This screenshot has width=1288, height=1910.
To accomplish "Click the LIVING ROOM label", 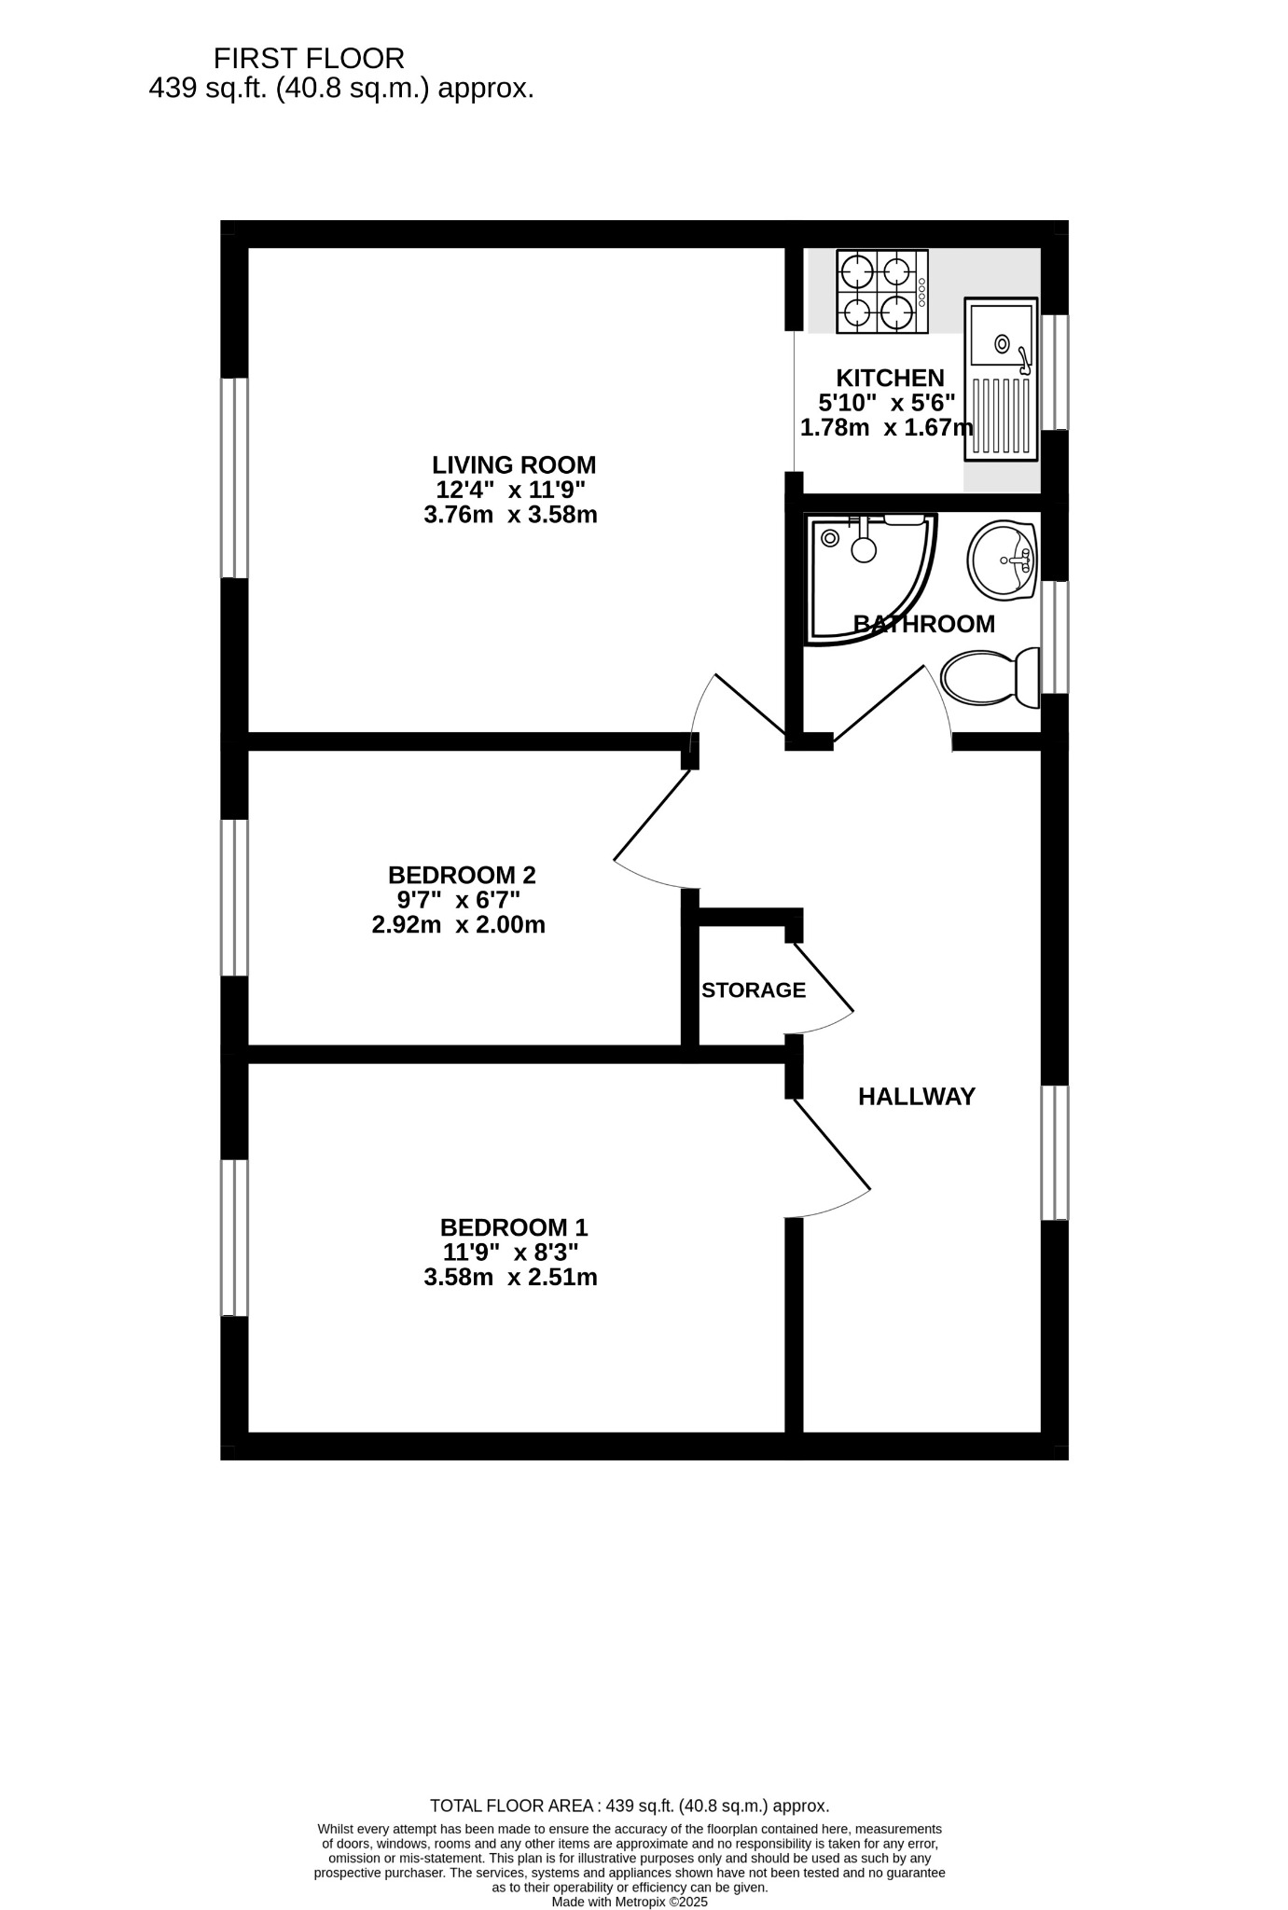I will [514, 464].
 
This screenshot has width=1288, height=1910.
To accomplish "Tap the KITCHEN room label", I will [890, 378].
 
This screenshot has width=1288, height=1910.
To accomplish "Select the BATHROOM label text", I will [924, 624].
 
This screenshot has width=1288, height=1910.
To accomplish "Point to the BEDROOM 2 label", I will [462, 875].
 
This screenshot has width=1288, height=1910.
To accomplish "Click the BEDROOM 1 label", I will [514, 1227].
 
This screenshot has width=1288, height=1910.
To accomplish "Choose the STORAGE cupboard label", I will [754, 990].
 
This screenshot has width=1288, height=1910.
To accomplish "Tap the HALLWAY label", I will [917, 1097].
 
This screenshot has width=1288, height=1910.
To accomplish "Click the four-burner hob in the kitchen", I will [882, 291].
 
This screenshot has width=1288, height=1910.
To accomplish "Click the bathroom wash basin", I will [1004, 560].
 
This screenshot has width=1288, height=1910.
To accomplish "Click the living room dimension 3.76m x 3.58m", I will [510, 515].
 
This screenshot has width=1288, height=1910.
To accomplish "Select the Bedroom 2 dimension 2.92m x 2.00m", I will [458, 925].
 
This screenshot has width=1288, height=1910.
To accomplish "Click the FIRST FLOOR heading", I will [309, 59].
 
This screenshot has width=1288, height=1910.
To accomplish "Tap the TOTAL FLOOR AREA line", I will [630, 1806].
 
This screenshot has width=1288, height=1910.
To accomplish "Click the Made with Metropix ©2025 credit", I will [630, 1902].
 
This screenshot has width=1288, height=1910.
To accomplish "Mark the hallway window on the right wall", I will [1055, 1153].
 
